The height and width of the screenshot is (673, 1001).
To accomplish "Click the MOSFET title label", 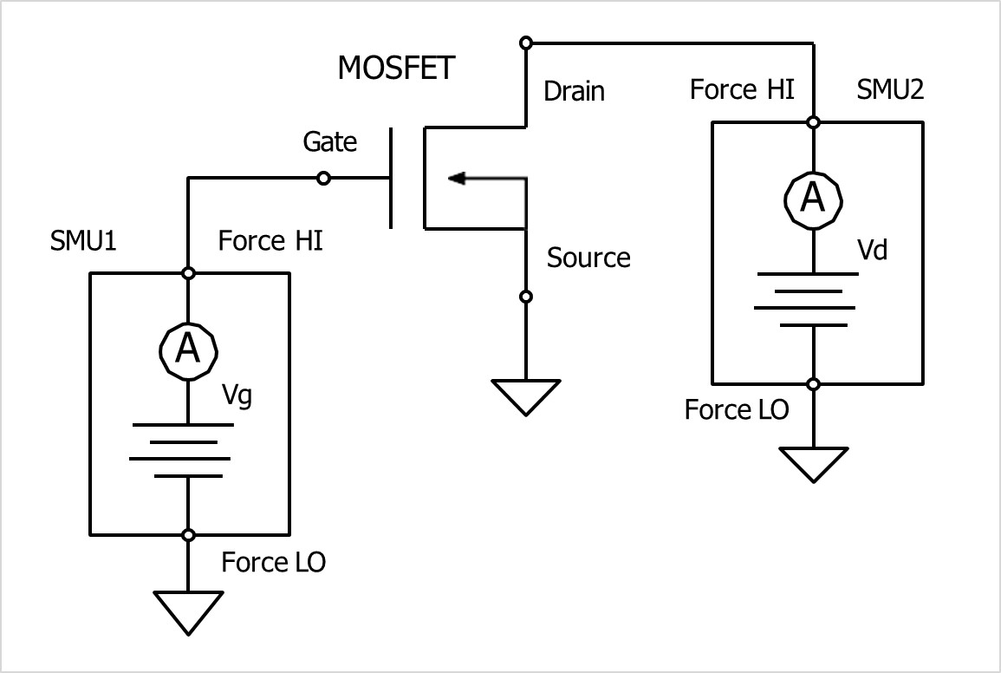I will pos(396,69).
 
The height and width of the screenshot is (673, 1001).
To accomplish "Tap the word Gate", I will pos(329,141).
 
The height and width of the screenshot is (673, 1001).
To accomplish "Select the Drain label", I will pos(574,91).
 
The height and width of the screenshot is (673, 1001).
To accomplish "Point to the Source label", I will pos(588,258).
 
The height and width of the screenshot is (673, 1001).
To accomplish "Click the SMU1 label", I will pos(85,240).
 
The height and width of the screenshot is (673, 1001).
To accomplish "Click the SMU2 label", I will pos(890,89).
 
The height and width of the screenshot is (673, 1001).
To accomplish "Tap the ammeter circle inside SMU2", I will pos(813,199).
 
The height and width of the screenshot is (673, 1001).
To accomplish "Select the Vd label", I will pos(872,252).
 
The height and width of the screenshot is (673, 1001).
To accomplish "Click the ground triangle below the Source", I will pos(525,395).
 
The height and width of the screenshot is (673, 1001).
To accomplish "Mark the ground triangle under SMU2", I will pos(813,462).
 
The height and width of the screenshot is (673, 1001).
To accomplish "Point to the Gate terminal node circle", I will pos(323,179).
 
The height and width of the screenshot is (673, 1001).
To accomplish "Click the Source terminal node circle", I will pos(525,297).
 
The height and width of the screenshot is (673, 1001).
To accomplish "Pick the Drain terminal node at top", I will pos(525,42).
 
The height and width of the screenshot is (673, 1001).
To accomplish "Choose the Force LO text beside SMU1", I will pos(273,562).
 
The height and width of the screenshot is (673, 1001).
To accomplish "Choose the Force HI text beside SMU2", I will pos(742,89).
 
